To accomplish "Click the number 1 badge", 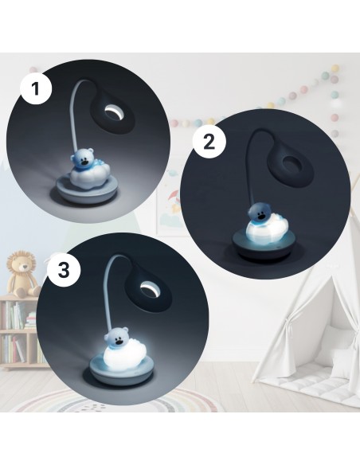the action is pos(36,88).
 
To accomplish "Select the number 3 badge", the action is pos(64,271).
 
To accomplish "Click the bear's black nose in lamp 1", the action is pos(85,162).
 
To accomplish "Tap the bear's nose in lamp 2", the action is pos(261,217).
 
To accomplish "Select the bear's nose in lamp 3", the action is pos(119,342).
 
